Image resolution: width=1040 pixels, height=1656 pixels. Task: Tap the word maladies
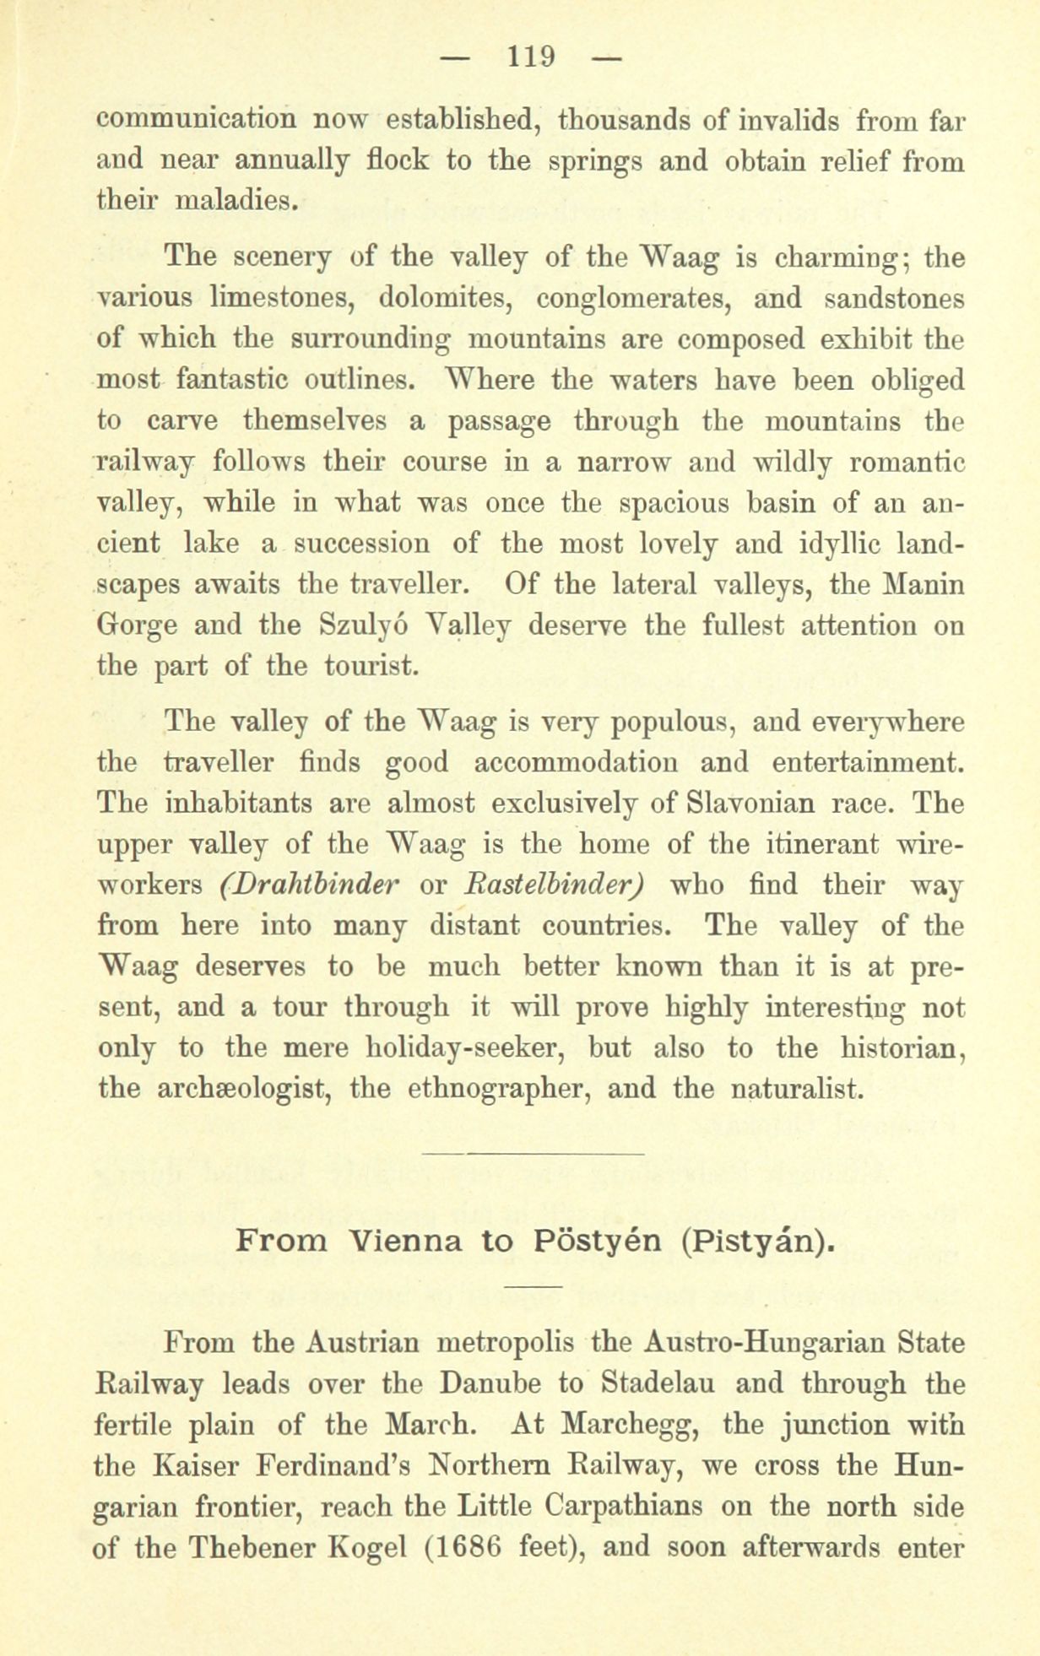point(235,201)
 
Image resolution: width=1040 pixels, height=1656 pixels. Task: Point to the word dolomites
point(445,298)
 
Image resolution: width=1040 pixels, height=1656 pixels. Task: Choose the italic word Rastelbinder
point(555,884)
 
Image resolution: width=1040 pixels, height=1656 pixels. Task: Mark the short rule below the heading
point(534,1286)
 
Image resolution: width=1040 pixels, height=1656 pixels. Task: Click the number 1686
point(467,1548)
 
